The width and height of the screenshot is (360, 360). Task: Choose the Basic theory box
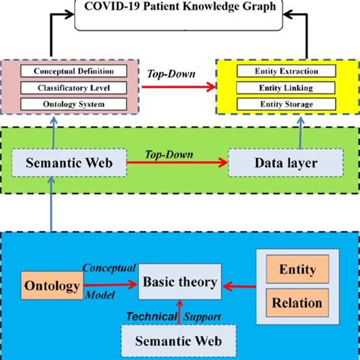tap(180, 283)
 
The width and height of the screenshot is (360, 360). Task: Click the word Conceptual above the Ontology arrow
tap(109, 268)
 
